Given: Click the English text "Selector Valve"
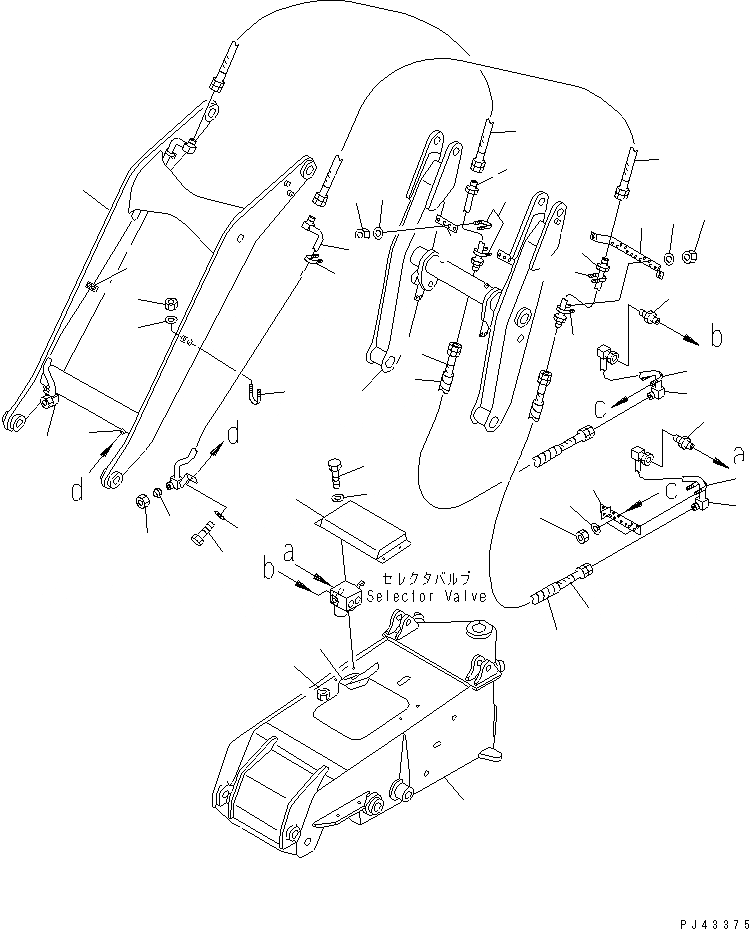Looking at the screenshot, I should point(426,597).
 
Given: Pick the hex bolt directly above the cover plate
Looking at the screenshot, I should point(335,470).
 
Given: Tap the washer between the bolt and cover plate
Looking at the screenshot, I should point(336,498).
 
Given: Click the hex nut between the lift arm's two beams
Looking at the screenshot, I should point(170,302).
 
